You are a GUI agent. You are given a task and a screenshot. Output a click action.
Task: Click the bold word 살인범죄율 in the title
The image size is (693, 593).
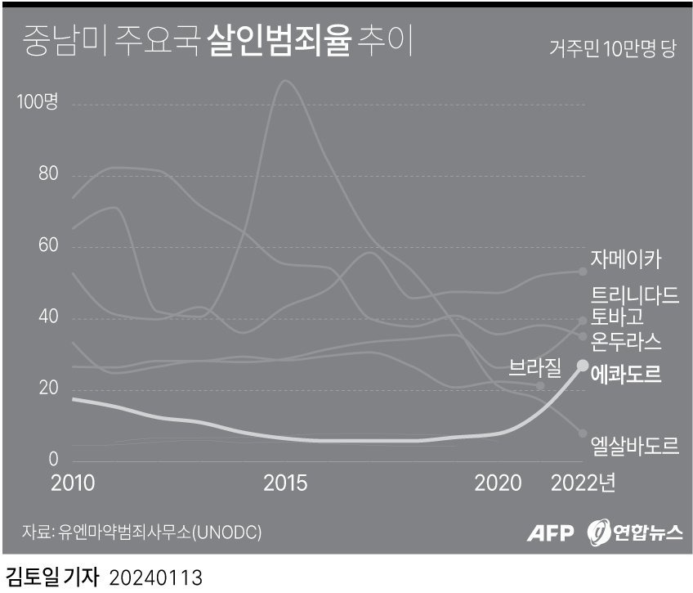pyautogui.click(x=279, y=42)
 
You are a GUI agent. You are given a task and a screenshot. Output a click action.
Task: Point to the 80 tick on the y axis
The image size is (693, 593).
pyautogui.click(x=48, y=175)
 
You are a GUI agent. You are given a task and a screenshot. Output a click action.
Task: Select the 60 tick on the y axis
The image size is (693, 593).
pyautogui.click(x=48, y=246)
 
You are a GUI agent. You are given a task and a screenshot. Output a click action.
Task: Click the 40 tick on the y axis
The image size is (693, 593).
pyautogui.click(x=48, y=317)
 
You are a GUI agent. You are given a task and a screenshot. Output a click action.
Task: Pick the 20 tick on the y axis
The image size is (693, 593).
pyautogui.click(x=48, y=388)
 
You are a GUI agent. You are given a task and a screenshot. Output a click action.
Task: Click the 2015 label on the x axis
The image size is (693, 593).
pyautogui.click(x=286, y=483)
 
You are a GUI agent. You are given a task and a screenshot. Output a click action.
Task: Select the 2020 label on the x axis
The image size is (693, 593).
pyautogui.click(x=498, y=483)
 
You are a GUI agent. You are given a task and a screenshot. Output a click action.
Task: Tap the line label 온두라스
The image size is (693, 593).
pyautogui.click(x=626, y=339)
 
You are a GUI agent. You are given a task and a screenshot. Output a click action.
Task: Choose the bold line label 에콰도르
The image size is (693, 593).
pyautogui.click(x=626, y=375)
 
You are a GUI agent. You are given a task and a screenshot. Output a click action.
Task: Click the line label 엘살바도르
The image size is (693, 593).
pyautogui.click(x=634, y=447)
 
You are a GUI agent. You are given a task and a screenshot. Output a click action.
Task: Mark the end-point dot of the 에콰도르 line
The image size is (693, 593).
pyautogui.click(x=583, y=365)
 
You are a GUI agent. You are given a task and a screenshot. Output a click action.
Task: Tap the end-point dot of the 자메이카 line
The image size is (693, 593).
pyautogui.click(x=583, y=272)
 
